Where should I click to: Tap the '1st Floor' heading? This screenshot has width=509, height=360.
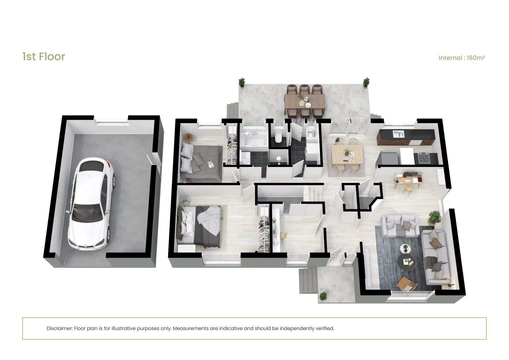pyautogui.click(x=44, y=57)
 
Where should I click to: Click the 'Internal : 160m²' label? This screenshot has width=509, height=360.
pyautogui.click(x=462, y=58)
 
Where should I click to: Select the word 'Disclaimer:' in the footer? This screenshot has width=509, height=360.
pyautogui.click(x=60, y=328)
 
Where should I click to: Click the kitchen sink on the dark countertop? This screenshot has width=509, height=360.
pyautogui.click(x=398, y=133)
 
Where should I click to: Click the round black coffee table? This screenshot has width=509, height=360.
pyautogui.click(x=407, y=262)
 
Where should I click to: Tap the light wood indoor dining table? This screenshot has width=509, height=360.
pyautogui.click(x=347, y=154)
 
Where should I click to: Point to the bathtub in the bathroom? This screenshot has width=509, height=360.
pyautogui.click(x=254, y=139)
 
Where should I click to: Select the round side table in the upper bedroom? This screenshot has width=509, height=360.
pyautogui.click(x=188, y=137)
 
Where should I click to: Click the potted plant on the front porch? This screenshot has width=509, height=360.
pyautogui.click(x=323, y=296)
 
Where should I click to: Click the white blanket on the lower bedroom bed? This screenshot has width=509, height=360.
pyautogui.click(x=209, y=221)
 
